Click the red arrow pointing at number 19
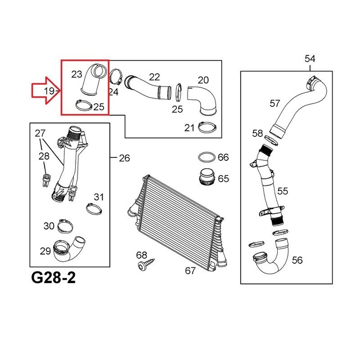tap(46, 90)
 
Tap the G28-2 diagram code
tap(53, 278)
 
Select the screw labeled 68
tap(146, 263)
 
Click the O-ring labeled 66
tap(207, 157)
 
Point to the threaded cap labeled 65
tap(207, 177)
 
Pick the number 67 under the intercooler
tap(190, 271)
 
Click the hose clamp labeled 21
tap(207, 127)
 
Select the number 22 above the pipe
tap(154, 77)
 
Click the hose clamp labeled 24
tap(116, 76)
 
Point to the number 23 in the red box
tap(76, 74)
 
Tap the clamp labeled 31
tap(94, 209)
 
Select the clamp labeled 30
tap(65, 226)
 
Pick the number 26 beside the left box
tap(125, 158)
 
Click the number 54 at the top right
tap(310, 59)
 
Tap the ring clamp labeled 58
tap(271, 140)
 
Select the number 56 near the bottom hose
tap(297, 260)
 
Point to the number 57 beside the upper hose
tap(275, 103)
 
